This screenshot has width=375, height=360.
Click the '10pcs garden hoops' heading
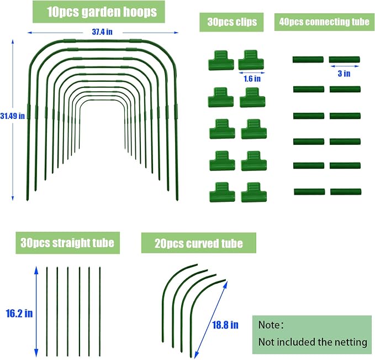pos(102,12)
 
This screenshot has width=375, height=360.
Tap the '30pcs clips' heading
pos(232,22)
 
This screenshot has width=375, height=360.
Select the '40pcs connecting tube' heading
pos(324,22)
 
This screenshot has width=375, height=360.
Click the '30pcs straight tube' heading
pos(67,243)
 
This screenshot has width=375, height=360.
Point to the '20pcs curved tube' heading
pos(199,243)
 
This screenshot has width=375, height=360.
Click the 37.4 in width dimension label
pos(102,32)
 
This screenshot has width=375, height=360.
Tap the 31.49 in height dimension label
pos(13,116)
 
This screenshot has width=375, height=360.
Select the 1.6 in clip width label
pos(252,79)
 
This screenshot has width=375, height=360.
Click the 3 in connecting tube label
pos(344,74)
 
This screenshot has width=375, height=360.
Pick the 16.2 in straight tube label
pos(19,314)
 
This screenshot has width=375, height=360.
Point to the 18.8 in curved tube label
pos(225,325)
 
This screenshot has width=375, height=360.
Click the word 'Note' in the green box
pos(269,325)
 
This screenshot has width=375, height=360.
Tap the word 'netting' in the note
pos(352,342)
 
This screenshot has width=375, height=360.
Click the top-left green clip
pos(221,60)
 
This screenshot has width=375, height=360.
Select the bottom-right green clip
pos(253,192)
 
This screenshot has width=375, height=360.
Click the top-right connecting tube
pos(345,59)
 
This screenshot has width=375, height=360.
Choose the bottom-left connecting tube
pos(309,192)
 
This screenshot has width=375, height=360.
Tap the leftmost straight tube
pos(47,311)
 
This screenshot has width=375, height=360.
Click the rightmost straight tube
pos(100,311)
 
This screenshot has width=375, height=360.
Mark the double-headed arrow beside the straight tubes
pos(36,311)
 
